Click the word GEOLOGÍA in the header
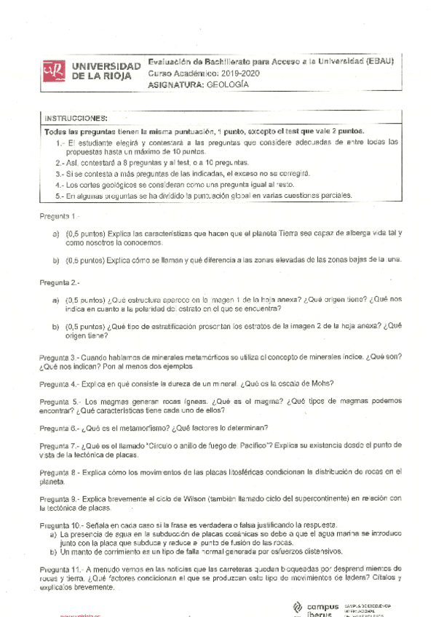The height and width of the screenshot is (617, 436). (x=227, y=84)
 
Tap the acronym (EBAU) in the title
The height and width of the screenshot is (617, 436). (x=378, y=62)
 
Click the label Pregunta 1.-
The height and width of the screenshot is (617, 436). (x=59, y=216)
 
